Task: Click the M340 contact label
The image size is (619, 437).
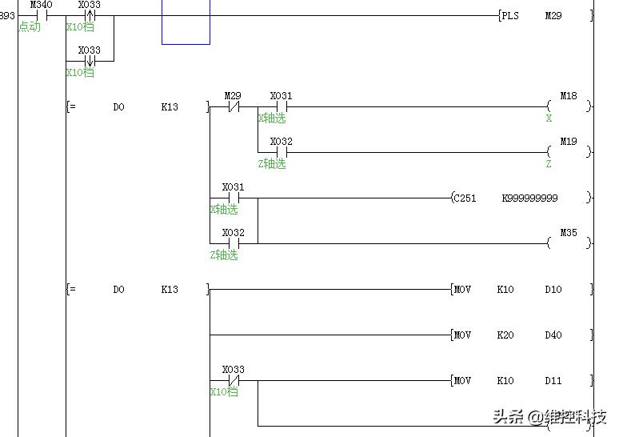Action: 41,5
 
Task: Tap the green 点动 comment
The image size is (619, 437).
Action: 30,26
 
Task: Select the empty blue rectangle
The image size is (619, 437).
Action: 186,22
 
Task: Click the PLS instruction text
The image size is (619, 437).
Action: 509,15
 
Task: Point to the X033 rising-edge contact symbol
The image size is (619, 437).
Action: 90,15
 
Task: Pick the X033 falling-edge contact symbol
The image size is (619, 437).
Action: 90,61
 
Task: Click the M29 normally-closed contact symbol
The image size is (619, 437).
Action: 233,106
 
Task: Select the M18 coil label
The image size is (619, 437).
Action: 568,96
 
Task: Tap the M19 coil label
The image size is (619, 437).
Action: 568,142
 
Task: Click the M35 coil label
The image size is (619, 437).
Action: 568,233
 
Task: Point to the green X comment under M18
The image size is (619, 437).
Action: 549,118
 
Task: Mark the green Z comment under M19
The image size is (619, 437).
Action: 549,163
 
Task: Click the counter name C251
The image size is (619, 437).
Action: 465,198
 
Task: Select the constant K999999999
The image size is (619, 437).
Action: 529,198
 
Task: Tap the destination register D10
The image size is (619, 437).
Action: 553,289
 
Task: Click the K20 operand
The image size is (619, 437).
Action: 505,335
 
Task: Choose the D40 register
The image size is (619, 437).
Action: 553,335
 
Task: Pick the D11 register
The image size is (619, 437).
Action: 553,381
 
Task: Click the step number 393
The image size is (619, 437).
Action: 7,15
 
